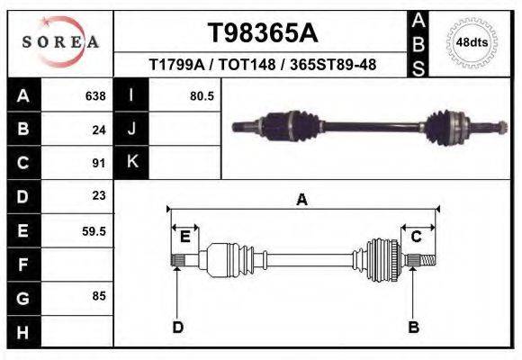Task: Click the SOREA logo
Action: [59, 42]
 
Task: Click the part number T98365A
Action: [262, 33]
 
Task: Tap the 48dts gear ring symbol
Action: [471, 42]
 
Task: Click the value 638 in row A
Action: [94, 95]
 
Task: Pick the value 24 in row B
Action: [99, 130]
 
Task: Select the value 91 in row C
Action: [99, 163]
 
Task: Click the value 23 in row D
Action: [99, 195]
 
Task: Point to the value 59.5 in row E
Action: [94, 230]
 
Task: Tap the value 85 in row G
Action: [99, 296]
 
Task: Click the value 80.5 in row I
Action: [202, 95]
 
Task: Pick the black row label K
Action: [131, 163]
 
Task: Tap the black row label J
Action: [131, 130]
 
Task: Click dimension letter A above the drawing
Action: [301, 200]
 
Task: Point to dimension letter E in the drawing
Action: [184, 237]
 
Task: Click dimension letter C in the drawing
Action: [416, 237]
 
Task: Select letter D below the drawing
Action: [177, 326]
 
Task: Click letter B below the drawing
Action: [413, 326]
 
